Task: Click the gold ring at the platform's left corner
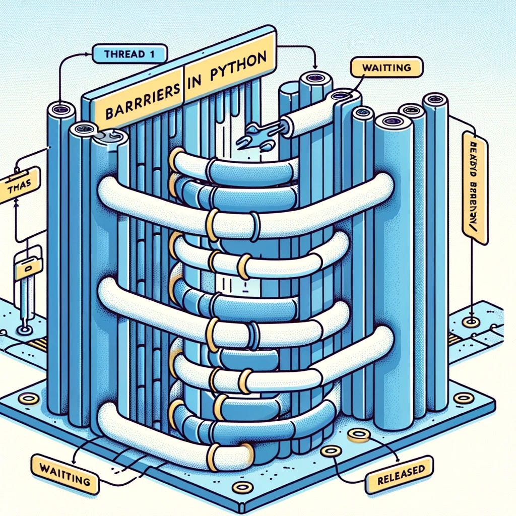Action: [29, 399]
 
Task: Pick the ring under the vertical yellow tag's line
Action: [471, 321]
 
